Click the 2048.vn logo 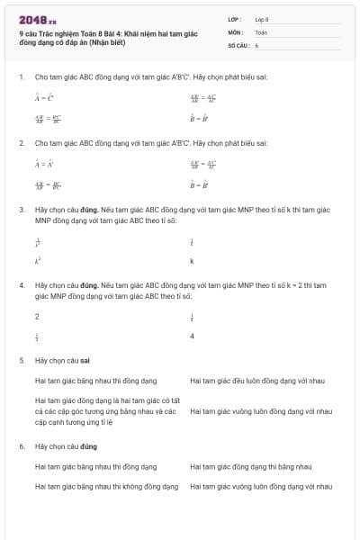coord(37,18)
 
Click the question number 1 coord(21,76)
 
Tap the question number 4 coord(21,283)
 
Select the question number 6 coord(21,445)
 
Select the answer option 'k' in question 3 coord(192,261)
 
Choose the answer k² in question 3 coord(38,261)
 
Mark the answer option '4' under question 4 coord(192,337)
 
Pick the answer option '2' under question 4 coord(37,316)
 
